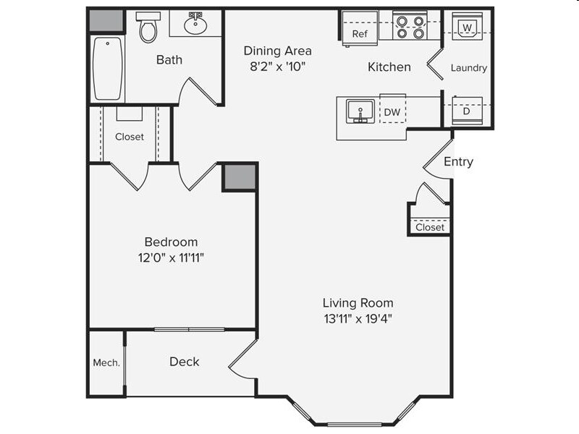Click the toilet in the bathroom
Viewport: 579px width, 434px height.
coord(148,28)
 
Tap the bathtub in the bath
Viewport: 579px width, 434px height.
coord(107,68)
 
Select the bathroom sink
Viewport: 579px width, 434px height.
coord(195,25)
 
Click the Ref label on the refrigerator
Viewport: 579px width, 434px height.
coord(360,34)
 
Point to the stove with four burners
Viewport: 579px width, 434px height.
coord(410,27)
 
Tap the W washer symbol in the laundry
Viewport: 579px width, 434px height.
coord(468,27)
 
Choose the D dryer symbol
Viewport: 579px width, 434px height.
coord(466,111)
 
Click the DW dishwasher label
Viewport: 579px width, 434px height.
coord(392,112)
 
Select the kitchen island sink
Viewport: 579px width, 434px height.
coord(360,111)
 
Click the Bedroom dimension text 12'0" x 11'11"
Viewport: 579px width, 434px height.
coord(171,257)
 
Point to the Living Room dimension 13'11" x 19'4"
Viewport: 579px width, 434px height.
coord(358,318)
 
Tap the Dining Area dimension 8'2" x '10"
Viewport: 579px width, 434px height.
coord(278,67)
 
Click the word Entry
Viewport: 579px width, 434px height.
coord(458,162)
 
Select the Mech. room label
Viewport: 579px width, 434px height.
coord(106,362)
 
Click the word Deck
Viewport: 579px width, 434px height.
coord(184,362)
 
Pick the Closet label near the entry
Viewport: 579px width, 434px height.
coord(430,227)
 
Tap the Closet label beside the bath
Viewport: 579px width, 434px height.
coord(130,137)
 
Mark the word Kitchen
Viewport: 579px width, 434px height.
coord(389,67)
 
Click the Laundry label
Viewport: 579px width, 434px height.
coord(468,68)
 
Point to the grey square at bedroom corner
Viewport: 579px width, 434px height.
coord(239,176)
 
